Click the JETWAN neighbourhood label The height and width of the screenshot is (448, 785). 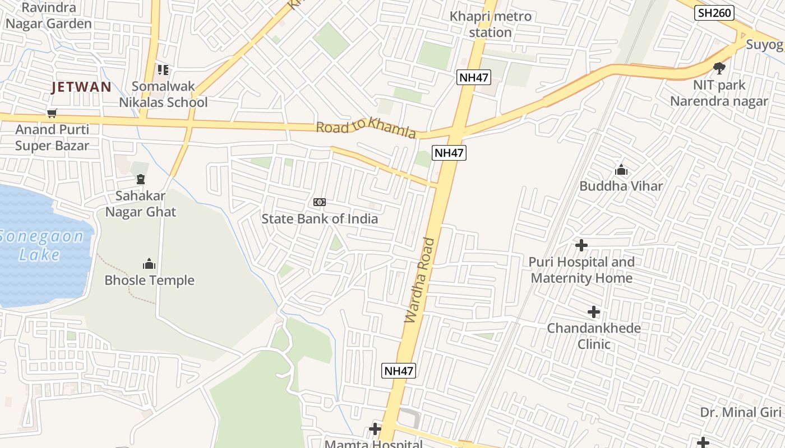[81, 87]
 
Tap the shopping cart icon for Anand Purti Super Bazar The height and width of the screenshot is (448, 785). [52, 114]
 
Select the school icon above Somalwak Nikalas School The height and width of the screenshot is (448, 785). [163, 70]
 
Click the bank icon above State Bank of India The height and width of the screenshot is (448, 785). [320, 202]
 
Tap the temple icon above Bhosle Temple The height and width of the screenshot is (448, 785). [149, 264]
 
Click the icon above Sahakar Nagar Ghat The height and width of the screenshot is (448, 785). [140, 179]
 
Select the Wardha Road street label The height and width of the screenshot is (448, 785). [420, 280]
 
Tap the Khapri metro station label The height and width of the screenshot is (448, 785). [491, 24]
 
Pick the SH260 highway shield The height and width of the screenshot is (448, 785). [714, 13]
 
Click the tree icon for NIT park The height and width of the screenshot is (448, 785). [719, 68]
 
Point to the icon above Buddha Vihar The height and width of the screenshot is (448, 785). [621, 170]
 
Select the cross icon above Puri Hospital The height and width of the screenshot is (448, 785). [581, 245]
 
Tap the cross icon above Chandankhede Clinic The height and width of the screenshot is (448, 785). [594, 312]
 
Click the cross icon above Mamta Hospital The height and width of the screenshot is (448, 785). [375, 430]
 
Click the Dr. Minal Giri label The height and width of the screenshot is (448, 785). [740, 413]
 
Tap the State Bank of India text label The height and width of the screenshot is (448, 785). [320, 219]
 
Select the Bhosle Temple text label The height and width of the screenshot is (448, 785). [150, 281]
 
